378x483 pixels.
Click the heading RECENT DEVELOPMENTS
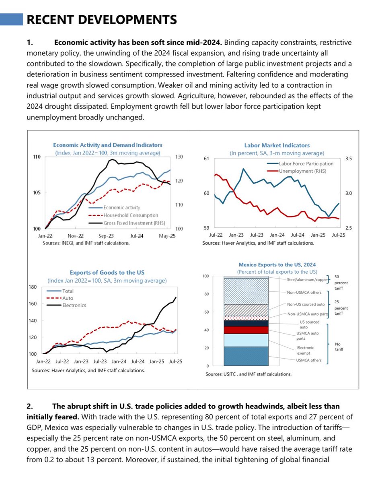[101, 19]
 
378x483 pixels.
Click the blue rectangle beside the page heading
[12, 19]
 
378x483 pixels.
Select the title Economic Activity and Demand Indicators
[108, 145]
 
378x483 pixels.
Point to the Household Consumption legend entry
[131, 215]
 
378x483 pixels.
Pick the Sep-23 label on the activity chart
[106, 236]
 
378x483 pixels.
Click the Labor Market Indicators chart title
[277, 145]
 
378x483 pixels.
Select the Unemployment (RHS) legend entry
[302, 171]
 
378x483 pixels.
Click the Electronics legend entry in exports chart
[74, 305]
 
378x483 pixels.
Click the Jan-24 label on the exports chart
[119, 362]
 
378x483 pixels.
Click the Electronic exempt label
[306, 349]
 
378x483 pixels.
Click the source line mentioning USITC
[248, 374]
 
